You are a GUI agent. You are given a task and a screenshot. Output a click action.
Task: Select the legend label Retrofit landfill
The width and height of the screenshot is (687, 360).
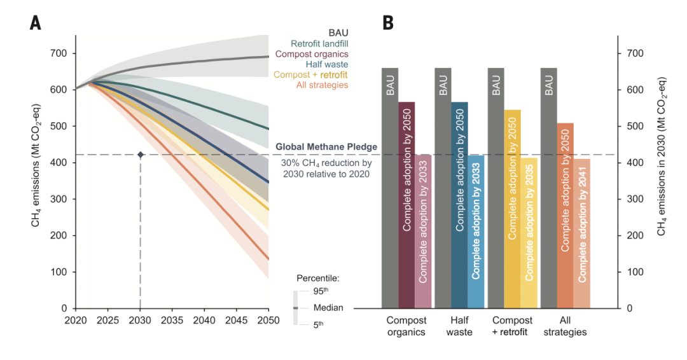[319, 44]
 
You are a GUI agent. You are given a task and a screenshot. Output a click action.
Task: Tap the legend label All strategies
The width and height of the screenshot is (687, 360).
[323, 85]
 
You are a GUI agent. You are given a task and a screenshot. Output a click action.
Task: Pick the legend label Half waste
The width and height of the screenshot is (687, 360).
[328, 64]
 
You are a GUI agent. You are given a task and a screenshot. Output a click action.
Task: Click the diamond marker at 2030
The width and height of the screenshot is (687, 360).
[140, 155]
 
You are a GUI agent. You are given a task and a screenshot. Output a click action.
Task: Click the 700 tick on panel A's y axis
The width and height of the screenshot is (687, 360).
[59, 53]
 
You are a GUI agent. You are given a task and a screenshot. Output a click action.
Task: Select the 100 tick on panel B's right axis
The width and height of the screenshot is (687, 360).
[633, 272]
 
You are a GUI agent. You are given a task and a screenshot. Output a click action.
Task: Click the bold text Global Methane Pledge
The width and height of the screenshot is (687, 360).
[326, 147]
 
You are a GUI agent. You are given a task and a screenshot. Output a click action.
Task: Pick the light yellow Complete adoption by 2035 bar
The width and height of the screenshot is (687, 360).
[529, 233]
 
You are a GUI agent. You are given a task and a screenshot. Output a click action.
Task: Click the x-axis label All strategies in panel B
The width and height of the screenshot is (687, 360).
[565, 326]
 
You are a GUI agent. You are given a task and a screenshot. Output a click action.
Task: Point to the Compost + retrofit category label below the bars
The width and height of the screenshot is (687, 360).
[512, 326]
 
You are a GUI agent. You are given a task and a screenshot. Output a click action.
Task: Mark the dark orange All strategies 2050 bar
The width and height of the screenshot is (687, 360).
[566, 216]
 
